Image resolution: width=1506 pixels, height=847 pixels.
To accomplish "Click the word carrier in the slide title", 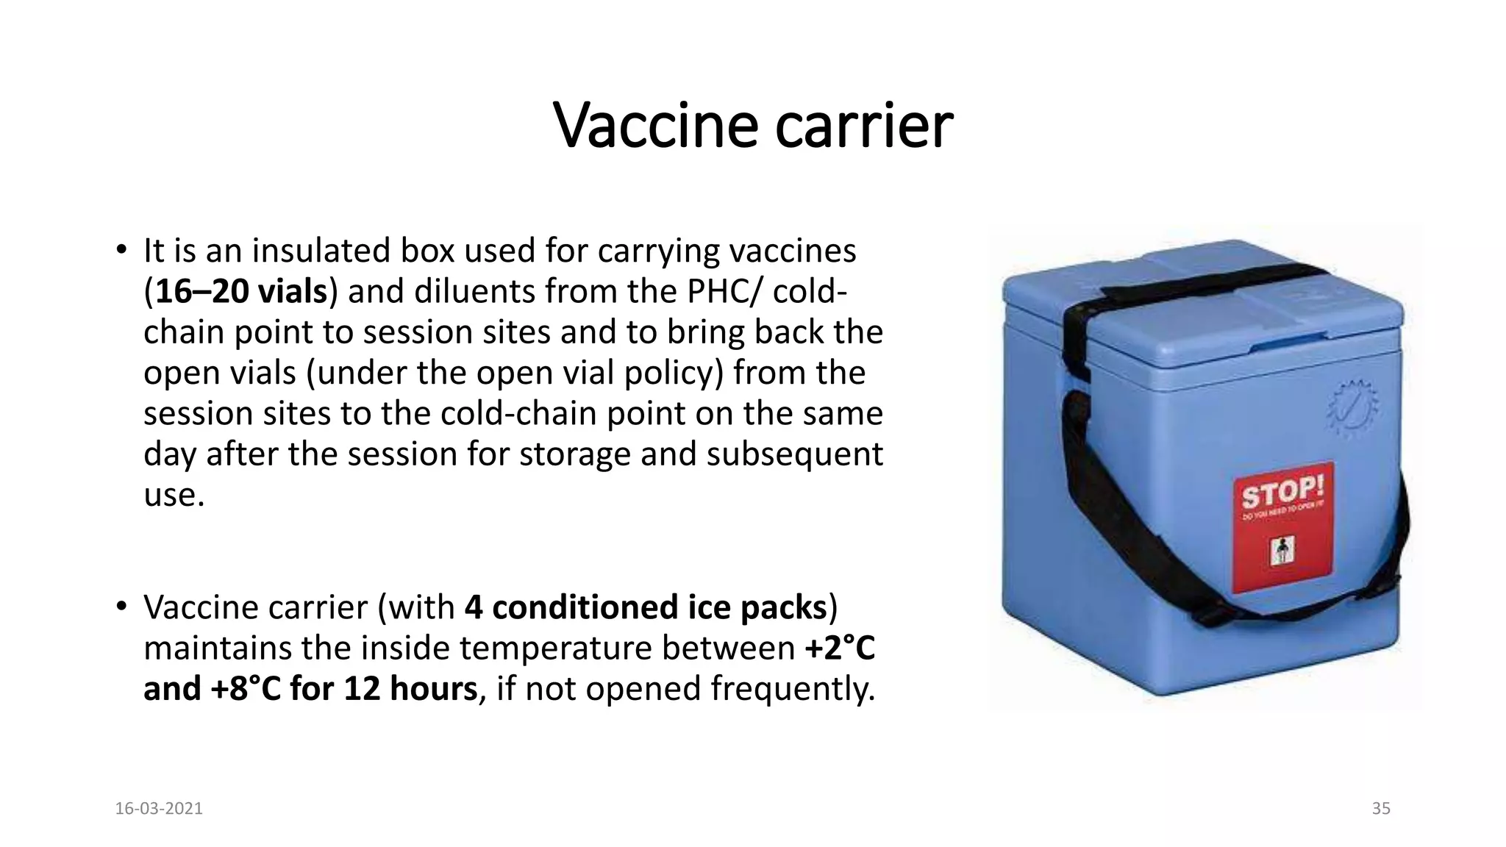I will (864, 126).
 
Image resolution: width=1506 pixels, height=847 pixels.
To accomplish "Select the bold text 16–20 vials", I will (241, 292).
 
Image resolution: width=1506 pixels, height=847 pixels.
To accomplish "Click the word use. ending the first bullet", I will (174, 496).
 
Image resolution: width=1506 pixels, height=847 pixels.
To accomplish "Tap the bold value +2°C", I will (840, 648).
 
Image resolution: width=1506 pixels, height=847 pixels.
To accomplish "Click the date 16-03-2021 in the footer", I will (159, 809).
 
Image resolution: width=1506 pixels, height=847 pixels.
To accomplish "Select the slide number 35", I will (1381, 809).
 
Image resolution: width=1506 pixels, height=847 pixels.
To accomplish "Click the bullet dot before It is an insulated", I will (122, 250).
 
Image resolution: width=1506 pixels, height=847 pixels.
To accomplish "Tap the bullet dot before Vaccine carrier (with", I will (122, 607).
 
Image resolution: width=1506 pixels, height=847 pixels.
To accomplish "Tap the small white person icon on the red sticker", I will (1282, 551).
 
